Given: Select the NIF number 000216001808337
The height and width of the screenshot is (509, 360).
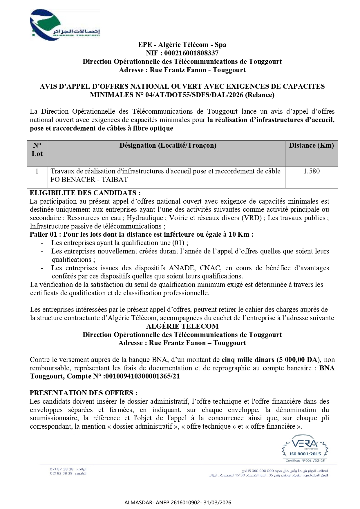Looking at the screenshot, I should pyautogui.click(x=191, y=53).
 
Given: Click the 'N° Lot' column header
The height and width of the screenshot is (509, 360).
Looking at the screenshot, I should pyautogui.click(x=37, y=150).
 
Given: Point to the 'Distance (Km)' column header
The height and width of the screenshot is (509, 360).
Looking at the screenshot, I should pyautogui.click(x=311, y=146).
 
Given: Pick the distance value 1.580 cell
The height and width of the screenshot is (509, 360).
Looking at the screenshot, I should pyautogui.click(x=312, y=171).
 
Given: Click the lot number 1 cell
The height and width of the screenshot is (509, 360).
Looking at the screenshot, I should pyautogui.click(x=37, y=171).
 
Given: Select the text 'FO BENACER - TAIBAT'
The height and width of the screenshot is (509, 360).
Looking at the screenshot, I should pyautogui.click(x=89, y=180).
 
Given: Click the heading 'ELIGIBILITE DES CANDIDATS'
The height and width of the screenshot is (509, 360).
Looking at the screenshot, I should pyautogui.click(x=85, y=193).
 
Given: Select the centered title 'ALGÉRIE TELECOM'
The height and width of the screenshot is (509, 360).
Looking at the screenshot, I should pyautogui.click(x=182, y=326).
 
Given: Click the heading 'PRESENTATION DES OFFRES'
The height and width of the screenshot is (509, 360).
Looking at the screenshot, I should pyautogui.click(x=83, y=393).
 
